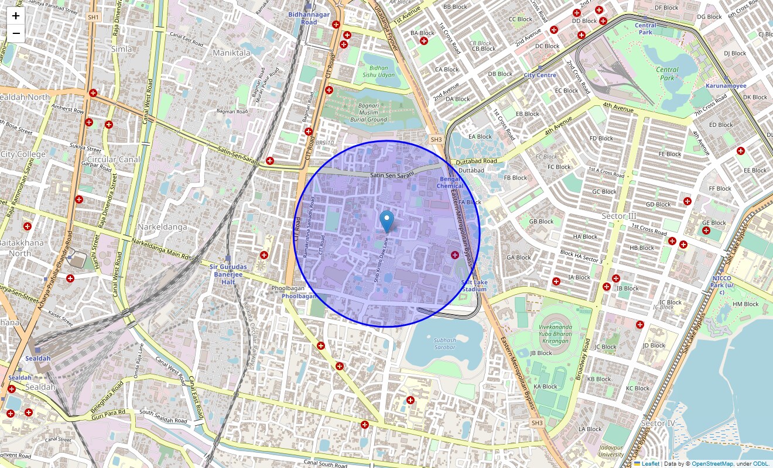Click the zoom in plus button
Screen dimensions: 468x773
coord(16,16)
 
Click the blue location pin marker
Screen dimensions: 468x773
coord(386,221)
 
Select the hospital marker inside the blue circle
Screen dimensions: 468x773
coord(455,254)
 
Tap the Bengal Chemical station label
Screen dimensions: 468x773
coord(450,182)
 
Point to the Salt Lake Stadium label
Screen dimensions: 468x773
coord(474,285)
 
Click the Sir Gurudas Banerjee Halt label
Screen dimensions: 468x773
coord(228,274)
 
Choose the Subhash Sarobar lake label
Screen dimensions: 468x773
coord(444,343)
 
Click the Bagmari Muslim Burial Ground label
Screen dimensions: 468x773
coord(369,111)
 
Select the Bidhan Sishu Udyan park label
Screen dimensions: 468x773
coord(378,71)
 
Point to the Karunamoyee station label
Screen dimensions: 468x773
coord(726,86)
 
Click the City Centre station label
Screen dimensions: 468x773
coord(539,75)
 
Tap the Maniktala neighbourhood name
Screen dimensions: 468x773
coord(231,53)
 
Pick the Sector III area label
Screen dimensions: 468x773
coord(618,216)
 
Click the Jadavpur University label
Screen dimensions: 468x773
coord(611,450)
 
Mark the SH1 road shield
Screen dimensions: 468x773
coord(93,18)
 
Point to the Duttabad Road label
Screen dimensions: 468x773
coord(478,161)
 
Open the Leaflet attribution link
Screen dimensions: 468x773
coord(650,463)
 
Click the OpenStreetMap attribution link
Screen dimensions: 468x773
coord(712,463)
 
